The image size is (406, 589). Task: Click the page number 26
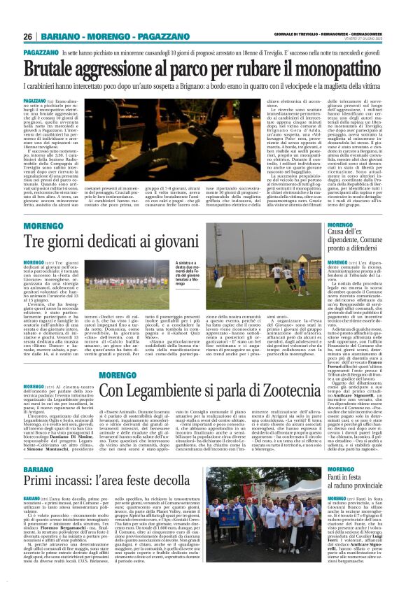pyautogui.click(x=29, y=36)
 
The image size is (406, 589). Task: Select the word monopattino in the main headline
pyautogui.click(x=335, y=68)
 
